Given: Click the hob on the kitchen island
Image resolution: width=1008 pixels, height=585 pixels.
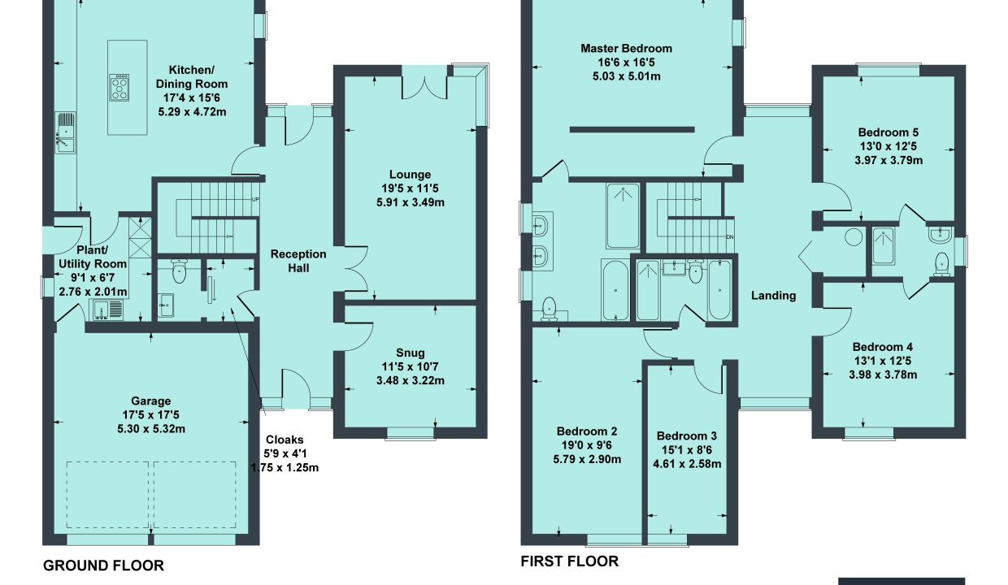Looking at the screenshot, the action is pyautogui.click(x=119, y=88).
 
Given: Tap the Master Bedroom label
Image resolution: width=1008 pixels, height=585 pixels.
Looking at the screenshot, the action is pyautogui.click(x=626, y=49).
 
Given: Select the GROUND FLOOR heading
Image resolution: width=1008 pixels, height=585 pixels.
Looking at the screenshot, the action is pyautogui.click(x=103, y=565).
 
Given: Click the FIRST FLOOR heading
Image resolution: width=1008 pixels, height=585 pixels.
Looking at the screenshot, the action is pyautogui.click(x=569, y=561).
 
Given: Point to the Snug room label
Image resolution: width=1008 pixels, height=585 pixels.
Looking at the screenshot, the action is pyautogui.click(x=410, y=353).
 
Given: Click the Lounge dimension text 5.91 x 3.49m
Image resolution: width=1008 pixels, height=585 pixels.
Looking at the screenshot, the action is pyautogui.click(x=410, y=202).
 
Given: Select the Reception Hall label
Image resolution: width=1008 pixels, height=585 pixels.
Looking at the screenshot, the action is pyautogui.click(x=298, y=261).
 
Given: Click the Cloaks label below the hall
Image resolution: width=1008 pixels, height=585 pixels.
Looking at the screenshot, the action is pyautogui.click(x=285, y=440).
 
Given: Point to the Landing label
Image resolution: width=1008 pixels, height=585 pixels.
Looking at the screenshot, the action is pyautogui.click(x=774, y=296).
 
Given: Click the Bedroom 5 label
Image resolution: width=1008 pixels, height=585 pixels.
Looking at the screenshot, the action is pyautogui.click(x=889, y=132).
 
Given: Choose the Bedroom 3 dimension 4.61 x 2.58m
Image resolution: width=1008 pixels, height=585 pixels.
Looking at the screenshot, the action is pyautogui.click(x=687, y=464).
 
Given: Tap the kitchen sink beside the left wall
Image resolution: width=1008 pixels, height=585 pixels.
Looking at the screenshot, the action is pyautogui.click(x=66, y=133).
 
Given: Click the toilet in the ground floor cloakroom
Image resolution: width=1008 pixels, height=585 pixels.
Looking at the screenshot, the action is pyautogui.click(x=179, y=271).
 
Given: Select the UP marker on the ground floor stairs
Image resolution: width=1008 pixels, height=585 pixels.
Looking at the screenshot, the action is pyautogui.click(x=255, y=200).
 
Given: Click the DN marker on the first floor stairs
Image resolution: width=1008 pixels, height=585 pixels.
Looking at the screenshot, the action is pyautogui.click(x=730, y=237).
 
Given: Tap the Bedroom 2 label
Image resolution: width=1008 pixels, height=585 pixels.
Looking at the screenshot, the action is pyautogui.click(x=587, y=431).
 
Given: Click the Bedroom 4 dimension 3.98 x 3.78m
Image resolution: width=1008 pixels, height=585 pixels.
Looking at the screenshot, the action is pyautogui.click(x=883, y=375).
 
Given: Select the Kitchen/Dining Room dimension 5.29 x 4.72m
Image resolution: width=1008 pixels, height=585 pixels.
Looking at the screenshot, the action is pyautogui.click(x=192, y=112).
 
